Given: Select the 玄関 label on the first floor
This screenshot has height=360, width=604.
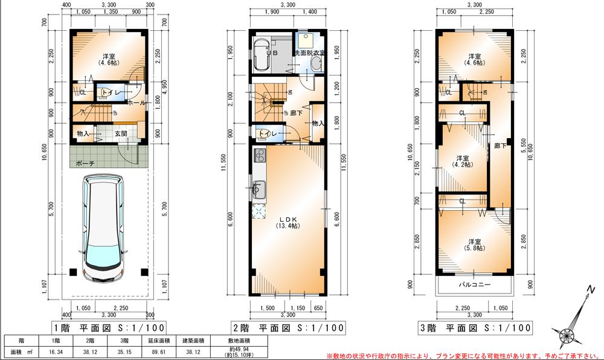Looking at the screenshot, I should click(121, 133).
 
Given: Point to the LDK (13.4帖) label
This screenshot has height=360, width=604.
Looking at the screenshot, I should click(288, 221).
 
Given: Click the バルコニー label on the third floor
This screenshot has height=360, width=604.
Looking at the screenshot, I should click(474, 284).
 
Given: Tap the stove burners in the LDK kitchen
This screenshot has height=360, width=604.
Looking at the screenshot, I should click(260, 156).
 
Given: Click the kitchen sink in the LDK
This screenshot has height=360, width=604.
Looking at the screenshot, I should click(259, 190).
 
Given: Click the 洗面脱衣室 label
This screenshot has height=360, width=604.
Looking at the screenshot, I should click(309, 53).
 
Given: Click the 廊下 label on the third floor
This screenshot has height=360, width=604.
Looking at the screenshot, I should click(499, 145).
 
